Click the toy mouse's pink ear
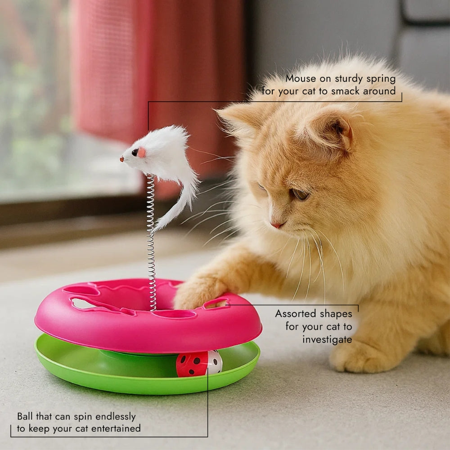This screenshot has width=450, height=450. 141,153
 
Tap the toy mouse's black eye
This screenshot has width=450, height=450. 135,153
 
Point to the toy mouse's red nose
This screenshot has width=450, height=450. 122,159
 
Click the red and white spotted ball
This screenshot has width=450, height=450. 199,363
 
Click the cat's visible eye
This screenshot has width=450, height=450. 300,194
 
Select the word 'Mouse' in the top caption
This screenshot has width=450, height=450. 301,79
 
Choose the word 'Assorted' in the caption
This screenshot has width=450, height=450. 296,314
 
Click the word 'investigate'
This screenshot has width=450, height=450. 327,340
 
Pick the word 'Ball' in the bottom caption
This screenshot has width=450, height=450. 25,416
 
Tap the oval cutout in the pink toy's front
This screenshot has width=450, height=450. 175,314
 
